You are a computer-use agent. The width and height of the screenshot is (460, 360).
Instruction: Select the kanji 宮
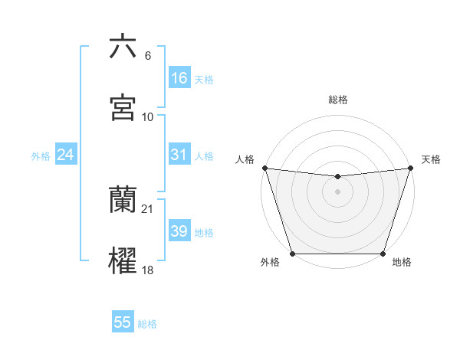click(123, 108)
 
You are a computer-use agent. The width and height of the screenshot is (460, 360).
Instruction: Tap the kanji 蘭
click(123, 200)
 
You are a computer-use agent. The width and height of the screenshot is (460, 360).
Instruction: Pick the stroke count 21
click(148, 209)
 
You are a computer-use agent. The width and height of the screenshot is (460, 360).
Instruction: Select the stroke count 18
click(148, 270)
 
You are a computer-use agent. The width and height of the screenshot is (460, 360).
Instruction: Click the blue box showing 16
click(179, 77)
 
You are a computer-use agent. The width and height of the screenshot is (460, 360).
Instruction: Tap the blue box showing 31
click(179, 155)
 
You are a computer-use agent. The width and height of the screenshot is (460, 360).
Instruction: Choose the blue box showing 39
click(179, 231)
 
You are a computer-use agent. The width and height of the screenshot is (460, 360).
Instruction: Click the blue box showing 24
click(65, 155)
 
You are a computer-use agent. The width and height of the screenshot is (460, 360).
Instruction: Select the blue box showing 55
click(123, 322)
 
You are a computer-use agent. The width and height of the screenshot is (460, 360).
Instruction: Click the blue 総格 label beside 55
click(147, 324)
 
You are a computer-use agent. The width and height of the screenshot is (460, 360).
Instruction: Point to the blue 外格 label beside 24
click(41, 156)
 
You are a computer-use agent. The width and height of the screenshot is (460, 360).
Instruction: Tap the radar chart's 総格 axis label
click(338, 100)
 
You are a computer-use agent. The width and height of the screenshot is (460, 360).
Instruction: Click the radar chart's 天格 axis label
click(431, 159)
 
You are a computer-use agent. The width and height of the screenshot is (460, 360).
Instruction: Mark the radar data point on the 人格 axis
click(264, 168)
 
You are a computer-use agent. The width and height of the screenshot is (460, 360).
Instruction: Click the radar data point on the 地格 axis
click(383, 254)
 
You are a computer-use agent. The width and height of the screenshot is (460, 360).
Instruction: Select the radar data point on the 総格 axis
click(338, 177)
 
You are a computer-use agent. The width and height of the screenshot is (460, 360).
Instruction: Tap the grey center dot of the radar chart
click(338, 191)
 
